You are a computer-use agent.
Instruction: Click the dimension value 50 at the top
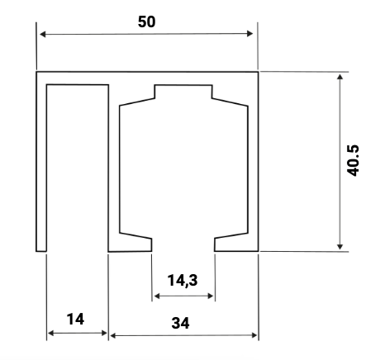(147, 22)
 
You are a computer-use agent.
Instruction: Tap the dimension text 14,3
(182, 280)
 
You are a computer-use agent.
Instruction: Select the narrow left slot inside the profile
(77, 165)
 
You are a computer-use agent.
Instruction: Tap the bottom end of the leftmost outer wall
(40, 249)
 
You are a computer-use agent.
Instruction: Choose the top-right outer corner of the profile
(258, 73)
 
